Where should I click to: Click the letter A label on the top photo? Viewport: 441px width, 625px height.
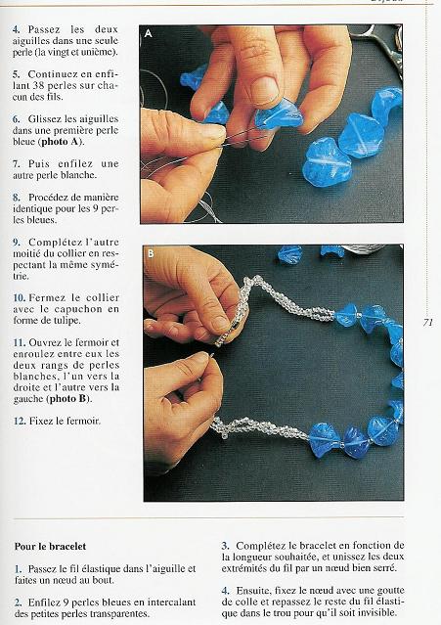point(149,33)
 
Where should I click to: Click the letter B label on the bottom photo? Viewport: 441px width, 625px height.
point(151,254)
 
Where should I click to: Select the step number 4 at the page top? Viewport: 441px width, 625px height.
point(16,30)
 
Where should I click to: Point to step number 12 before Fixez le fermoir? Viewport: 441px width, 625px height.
point(19,422)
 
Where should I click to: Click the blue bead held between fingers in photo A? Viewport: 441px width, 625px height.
point(278,116)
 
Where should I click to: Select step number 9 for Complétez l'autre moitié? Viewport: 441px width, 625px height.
point(16,242)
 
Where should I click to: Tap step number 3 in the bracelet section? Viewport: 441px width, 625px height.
point(225,545)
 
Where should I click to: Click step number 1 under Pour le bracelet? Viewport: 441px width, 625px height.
point(18,568)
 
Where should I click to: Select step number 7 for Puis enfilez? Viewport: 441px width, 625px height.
point(16,163)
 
